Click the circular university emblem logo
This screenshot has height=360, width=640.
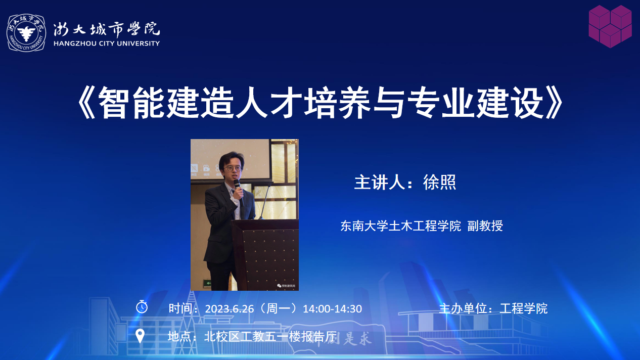26,33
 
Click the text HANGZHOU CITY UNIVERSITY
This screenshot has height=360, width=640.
107,43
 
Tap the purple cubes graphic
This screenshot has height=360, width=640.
610,26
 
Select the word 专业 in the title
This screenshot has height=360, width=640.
441,103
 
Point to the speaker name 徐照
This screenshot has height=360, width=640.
439,182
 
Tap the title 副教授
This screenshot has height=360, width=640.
485,226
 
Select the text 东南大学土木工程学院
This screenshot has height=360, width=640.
400,226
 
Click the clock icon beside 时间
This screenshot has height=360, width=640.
142,307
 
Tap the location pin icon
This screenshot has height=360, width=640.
140,336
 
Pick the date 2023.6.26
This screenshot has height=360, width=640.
230,309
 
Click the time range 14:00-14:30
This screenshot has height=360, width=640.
332,309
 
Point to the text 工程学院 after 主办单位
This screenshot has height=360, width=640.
523,308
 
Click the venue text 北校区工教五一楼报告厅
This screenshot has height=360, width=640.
270,337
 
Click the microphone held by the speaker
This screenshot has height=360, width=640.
238,190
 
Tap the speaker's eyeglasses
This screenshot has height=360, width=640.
233,168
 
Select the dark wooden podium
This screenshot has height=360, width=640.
265,254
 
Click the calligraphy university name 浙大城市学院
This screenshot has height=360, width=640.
106,29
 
